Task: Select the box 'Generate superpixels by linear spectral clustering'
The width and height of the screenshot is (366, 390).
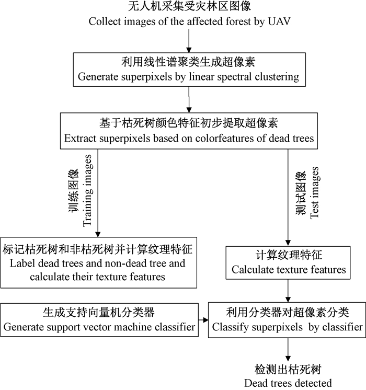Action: (188, 70)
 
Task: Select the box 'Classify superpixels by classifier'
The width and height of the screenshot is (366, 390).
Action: (286, 320)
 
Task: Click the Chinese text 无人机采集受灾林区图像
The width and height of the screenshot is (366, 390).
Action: (187, 8)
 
